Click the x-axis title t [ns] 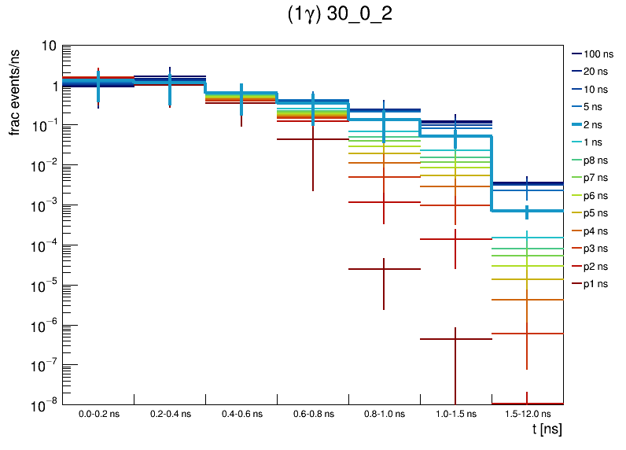[x=547, y=430]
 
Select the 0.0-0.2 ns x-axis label [x=98, y=413]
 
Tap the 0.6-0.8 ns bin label [x=312, y=413]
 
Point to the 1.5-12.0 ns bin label [x=527, y=413]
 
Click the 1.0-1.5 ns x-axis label [x=455, y=413]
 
